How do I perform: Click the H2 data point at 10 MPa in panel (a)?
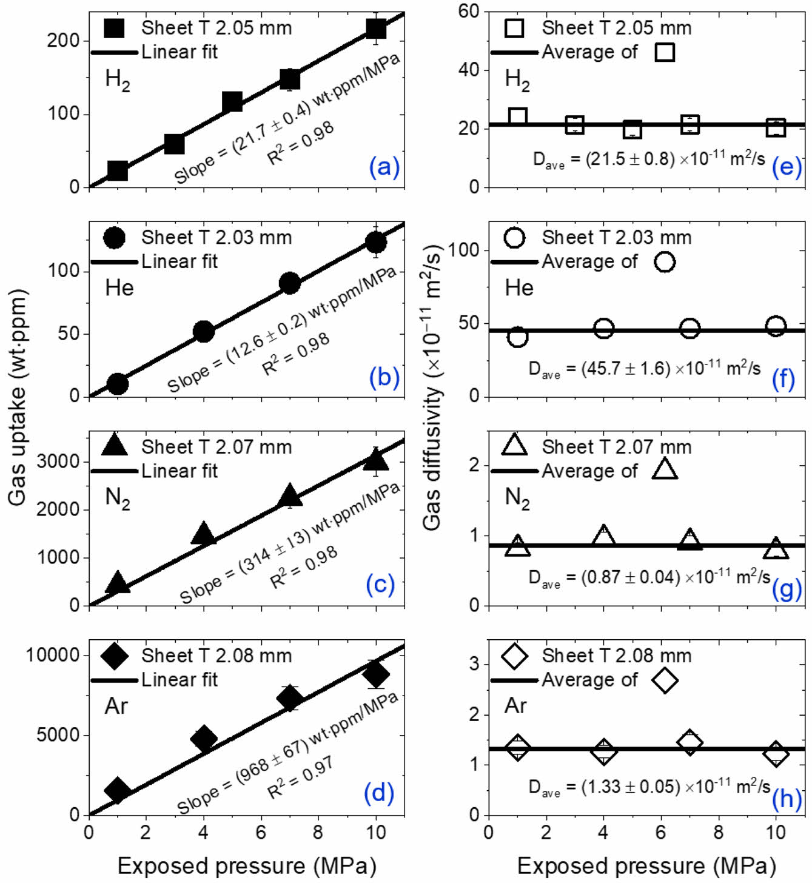(x=376, y=29)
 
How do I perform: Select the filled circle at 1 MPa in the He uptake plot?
(x=117, y=383)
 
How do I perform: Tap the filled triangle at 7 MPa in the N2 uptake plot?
(x=290, y=496)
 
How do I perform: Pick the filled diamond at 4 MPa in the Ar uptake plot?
(x=204, y=738)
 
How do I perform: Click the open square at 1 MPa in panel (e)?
(x=517, y=116)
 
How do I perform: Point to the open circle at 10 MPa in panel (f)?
(x=776, y=326)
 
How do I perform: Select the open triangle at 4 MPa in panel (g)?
(x=603, y=536)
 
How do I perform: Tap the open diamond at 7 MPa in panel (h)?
(x=690, y=742)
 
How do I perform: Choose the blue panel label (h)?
(x=787, y=799)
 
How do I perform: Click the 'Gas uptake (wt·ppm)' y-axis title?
(x=18, y=397)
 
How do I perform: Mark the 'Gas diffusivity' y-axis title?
(x=431, y=388)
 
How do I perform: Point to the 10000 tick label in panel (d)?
(x=53, y=656)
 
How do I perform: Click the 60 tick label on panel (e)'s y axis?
(x=469, y=11)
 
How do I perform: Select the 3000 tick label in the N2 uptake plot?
(x=58, y=462)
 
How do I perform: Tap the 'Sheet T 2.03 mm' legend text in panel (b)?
(x=216, y=237)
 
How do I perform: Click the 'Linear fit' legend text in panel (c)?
(x=180, y=471)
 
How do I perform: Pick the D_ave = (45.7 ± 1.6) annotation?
(x=645, y=369)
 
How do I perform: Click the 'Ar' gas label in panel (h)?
(x=515, y=706)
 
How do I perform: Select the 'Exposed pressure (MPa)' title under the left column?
(x=247, y=866)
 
